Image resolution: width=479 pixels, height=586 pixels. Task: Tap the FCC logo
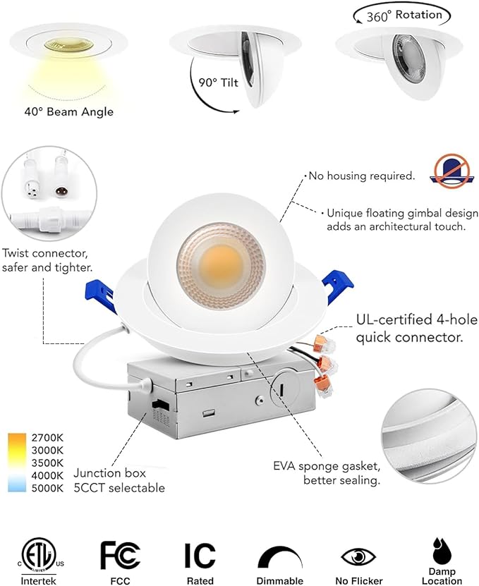tap(119, 555)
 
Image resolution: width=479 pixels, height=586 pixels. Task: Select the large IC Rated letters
tap(200, 555)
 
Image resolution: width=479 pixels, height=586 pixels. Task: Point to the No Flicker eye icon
tap(358, 556)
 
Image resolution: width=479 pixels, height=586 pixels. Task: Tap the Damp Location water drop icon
tap(442, 550)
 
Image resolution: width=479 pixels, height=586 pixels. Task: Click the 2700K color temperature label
tap(48, 437)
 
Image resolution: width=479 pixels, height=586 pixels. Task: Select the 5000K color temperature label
tap(48, 487)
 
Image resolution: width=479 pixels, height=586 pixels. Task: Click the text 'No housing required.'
tap(362, 176)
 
